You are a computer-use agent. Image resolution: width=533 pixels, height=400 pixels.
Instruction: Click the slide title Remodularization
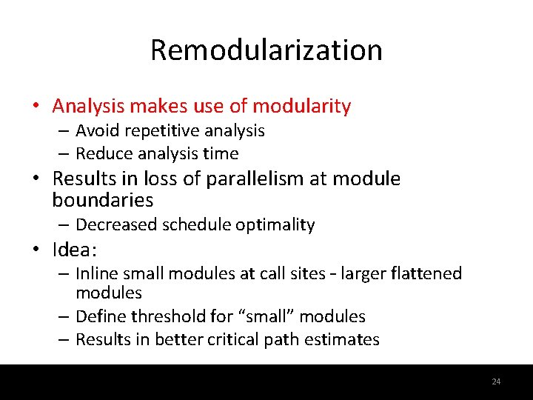(x=266, y=50)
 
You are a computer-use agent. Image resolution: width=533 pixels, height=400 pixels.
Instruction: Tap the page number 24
(x=496, y=381)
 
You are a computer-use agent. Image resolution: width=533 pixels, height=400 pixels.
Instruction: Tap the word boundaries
(x=103, y=200)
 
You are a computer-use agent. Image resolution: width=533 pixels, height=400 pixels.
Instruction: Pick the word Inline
(x=97, y=274)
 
